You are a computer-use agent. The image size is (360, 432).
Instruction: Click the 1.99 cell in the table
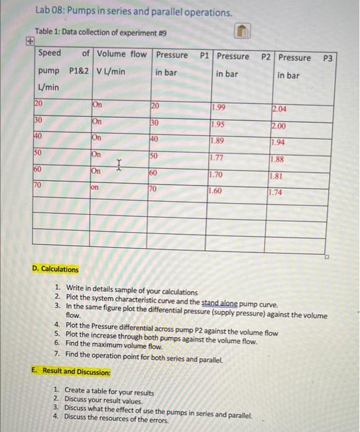coord(219,109)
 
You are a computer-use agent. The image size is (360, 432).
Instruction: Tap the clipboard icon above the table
coord(243,31)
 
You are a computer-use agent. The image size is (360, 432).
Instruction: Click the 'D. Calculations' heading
coord(56,269)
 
